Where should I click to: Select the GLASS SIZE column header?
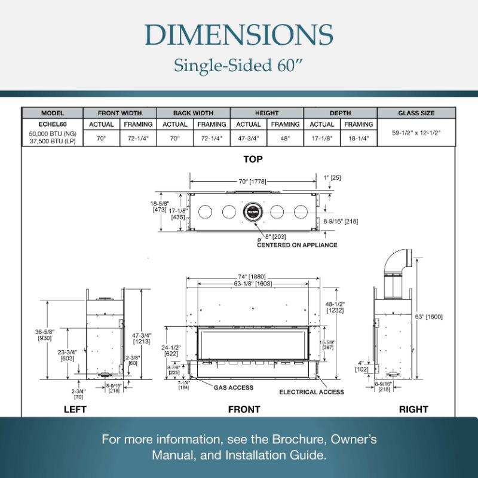[416, 113]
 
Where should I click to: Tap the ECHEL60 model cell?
[52, 124]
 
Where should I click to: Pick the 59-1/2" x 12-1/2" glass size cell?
[416, 133]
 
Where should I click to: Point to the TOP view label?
[253, 159]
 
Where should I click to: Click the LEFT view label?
[75, 409]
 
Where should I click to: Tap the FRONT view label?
[244, 409]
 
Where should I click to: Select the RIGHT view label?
[413, 409]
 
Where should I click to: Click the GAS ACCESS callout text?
[233, 387]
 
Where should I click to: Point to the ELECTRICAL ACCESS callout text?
[311, 392]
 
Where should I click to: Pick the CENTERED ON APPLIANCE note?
[297, 245]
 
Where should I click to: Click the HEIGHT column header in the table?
[266, 113]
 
